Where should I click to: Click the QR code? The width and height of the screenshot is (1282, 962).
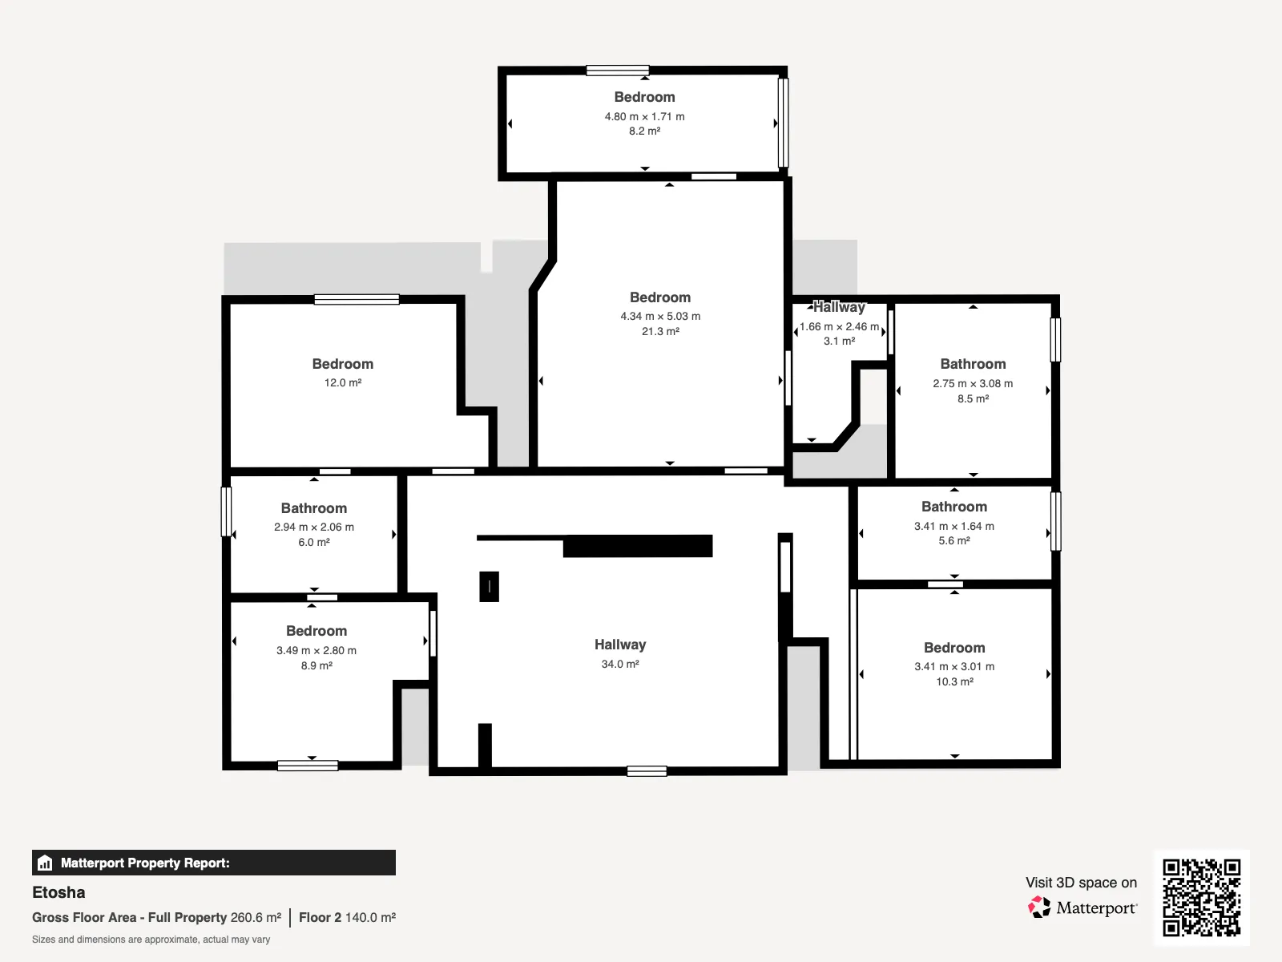(x=1201, y=897)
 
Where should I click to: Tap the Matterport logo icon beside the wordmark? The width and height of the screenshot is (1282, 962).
(x=1039, y=907)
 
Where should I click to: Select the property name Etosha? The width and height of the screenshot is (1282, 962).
(x=58, y=892)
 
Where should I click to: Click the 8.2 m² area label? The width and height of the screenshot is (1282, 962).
(x=644, y=131)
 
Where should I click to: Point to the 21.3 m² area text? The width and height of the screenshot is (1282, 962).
(x=660, y=331)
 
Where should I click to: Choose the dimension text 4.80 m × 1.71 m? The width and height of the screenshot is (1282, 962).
(x=644, y=116)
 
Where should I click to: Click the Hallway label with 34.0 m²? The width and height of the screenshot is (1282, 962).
(x=619, y=645)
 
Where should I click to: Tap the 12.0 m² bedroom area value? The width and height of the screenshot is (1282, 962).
(x=343, y=382)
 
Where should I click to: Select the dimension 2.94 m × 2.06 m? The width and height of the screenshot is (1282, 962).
(x=313, y=527)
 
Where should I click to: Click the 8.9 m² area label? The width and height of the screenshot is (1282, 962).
(x=316, y=665)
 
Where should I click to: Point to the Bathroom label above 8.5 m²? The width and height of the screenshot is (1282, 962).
(x=973, y=364)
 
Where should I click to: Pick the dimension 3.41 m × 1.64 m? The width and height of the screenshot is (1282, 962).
(x=953, y=526)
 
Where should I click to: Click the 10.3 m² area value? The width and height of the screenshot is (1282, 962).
(x=954, y=681)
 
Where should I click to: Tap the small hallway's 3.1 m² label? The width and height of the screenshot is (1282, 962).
(x=839, y=342)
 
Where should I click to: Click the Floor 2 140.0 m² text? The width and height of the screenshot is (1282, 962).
(x=347, y=917)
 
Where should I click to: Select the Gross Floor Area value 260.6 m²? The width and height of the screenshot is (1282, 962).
(x=256, y=917)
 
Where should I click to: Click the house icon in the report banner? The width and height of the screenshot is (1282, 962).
(x=45, y=863)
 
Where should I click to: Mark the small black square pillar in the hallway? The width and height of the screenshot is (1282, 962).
(x=490, y=587)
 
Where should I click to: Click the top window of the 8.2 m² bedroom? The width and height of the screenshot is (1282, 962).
(x=617, y=71)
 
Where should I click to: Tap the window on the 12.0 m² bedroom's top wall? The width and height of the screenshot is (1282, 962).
(x=357, y=300)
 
